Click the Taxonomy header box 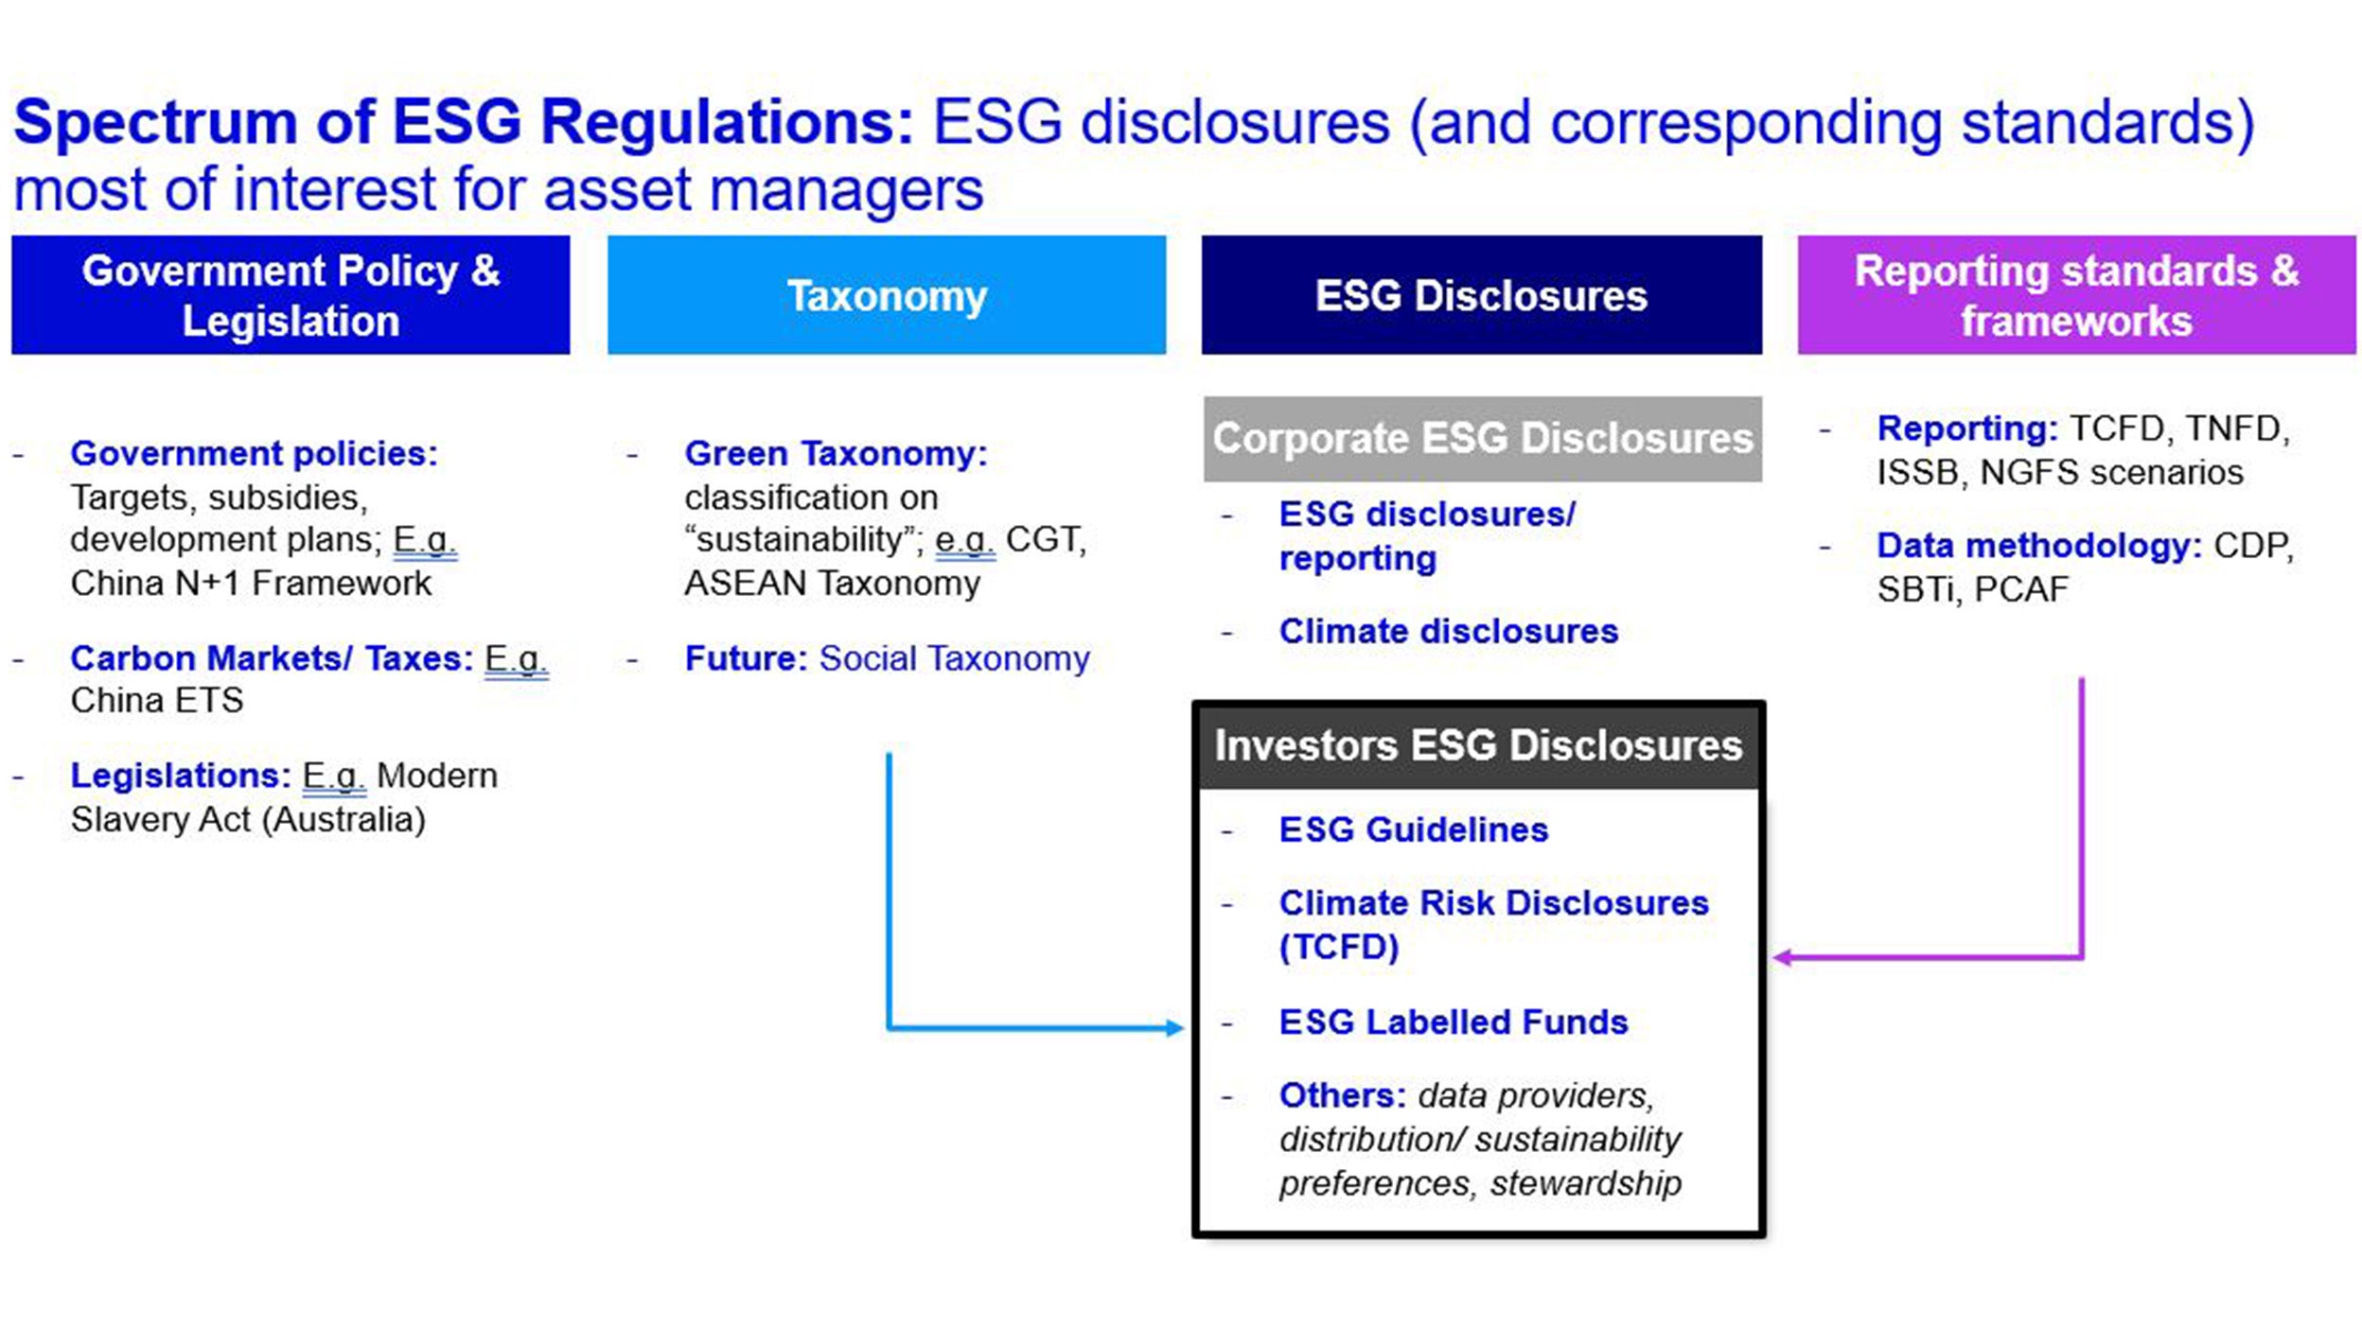point(886,295)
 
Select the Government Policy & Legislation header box point(291,295)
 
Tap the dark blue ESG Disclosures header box point(1481,295)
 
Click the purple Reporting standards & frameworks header point(2076,295)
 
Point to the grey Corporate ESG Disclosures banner point(1482,439)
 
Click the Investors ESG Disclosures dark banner point(1478,745)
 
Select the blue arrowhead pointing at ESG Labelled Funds point(1174,1028)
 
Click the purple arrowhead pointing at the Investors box point(1782,958)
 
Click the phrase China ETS point(157,701)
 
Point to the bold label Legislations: point(180,776)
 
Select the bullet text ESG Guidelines point(1413,830)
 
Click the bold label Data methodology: point(2038,546)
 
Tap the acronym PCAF point(2020,590)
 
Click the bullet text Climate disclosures point(1448,631)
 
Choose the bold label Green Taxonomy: point(836,454)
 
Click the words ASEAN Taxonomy point(832,584)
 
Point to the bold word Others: point(1342,1095)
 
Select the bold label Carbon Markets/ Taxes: point(271,658)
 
